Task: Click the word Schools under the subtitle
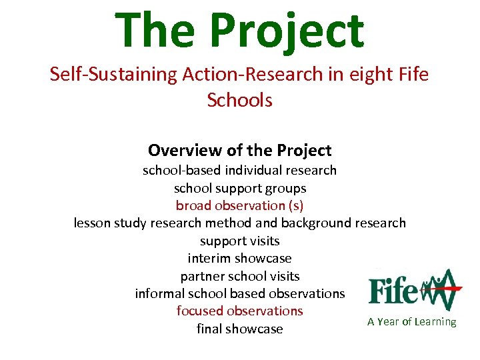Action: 239,100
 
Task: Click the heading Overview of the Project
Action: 239,150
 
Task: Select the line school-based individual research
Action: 239,170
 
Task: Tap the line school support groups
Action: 239,188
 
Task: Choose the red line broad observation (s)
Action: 239,205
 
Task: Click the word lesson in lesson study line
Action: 93,223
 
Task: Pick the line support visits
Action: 239,241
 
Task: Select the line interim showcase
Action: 239,258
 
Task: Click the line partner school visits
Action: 239,276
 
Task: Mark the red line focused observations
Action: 239,311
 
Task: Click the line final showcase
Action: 239,329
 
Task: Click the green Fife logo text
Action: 393,290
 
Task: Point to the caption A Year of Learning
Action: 411,322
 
